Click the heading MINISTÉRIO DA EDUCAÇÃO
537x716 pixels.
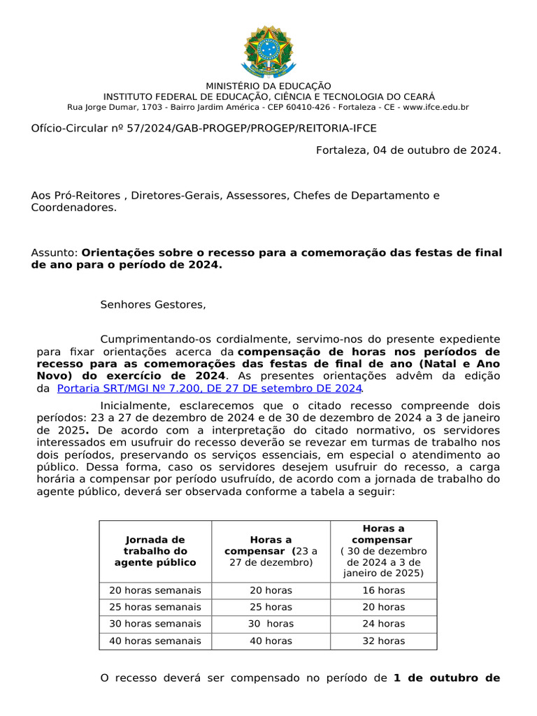(x=268, y=86)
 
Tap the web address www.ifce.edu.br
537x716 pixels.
(x=436, y=107)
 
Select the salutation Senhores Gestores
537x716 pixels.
(x=154, y=304)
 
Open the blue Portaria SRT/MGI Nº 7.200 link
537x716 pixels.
(x=209, y=388)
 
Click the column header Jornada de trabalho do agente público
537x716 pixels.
(x=155, y=551)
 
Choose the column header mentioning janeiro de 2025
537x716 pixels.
(x=383, y=551)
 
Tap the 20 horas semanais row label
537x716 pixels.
(x=155, y=591)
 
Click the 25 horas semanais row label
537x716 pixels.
(x=155, y=607)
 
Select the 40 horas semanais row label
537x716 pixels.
(x=155, y=640)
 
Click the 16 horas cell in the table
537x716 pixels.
(x=383, y=591)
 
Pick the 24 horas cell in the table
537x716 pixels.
(x=383, y=624)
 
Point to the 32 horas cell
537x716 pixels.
(x=383, y=640)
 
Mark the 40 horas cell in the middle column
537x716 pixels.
(x=271, y=640)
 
